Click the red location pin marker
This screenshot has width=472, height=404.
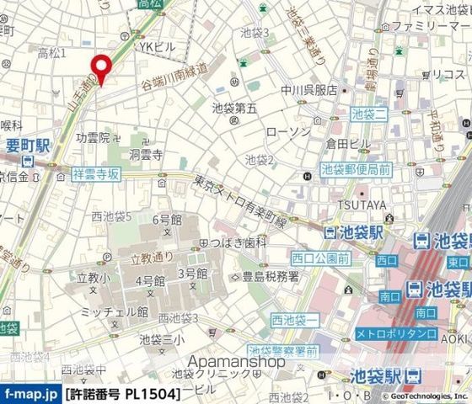[102, 68]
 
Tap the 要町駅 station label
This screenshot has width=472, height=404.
[24, 143]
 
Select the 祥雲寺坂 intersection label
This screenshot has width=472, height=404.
[97, 174]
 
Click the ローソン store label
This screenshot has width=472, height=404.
[282, 132]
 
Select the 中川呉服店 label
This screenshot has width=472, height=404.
[310, 90]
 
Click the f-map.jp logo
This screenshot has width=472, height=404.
[30, 393]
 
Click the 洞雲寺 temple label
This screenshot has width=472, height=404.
[145, 155]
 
